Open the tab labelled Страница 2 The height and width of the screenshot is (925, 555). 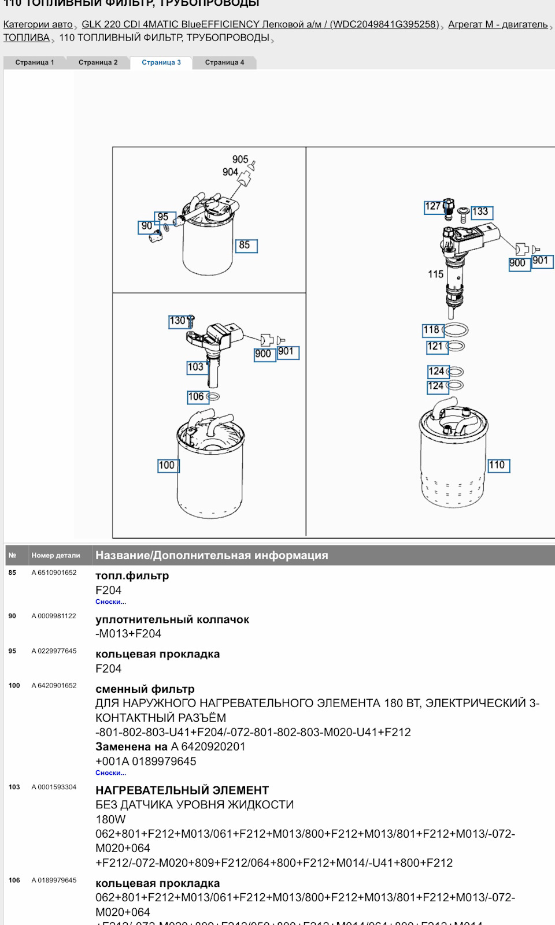click(98, 62)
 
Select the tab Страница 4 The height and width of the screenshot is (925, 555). click(224, 62)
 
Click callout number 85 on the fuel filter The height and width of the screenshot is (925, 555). click(245, 246)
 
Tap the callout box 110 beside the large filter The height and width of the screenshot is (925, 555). click(498, 465)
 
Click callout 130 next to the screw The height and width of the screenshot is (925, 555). click(177, 321)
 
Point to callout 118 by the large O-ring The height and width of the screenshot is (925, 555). click(432, 330)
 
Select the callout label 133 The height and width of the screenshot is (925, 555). click(480, 212)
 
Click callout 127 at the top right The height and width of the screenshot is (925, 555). click(433, 206)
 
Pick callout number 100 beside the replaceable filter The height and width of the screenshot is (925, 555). click(167, 465)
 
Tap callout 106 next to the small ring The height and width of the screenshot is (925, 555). click(196, 397)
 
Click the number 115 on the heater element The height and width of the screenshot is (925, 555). click(436, 274)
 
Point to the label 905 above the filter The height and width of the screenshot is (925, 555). click(240, 159)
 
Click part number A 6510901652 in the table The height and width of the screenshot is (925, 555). click(54, 573)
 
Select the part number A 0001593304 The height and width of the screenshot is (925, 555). click(54, 787)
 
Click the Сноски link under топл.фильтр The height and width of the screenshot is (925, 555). click(110, 601)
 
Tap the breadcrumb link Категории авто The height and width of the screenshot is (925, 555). click(38, 24)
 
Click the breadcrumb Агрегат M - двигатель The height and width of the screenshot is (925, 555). click(497, 24)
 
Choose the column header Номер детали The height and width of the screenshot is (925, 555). click(55, 555)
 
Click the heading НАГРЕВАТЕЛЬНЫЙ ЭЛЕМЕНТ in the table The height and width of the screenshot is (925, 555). click(182, 790)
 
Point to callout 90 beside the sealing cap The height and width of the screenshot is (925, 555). click(147, 226)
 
